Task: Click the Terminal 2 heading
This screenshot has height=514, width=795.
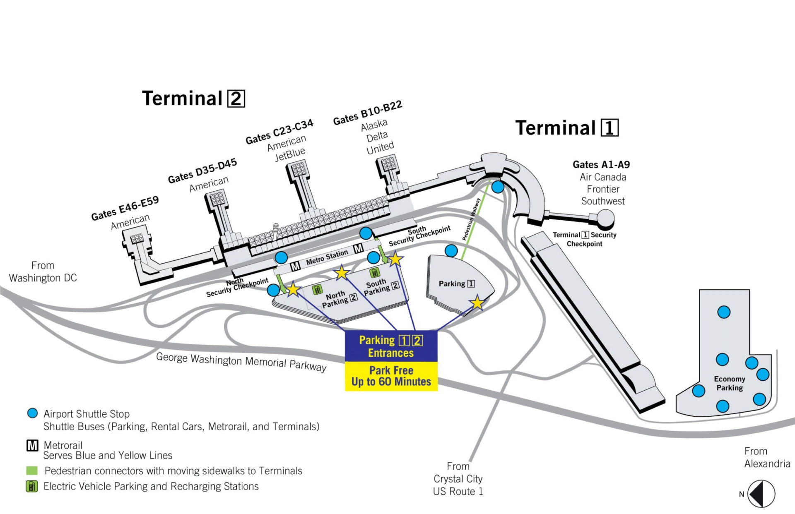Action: tap(193, 98)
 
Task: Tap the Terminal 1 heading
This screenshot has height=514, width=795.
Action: tap(567, 127)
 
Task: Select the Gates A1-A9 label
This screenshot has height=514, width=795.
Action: tap(601, 164)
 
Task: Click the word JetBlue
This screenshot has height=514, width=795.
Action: tap(290, 154)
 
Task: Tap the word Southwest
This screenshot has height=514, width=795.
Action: tap(603, 201)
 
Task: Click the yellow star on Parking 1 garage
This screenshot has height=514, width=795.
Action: tap(477, 303)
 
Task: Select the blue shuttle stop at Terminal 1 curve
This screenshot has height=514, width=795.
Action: tap(498, 187)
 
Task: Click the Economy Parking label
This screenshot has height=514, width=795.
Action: tap(730, 383)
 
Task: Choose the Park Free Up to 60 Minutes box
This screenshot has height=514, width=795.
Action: tap(391, 376)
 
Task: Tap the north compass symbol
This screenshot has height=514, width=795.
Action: tap(761, 494)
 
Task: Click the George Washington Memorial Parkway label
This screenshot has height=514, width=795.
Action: tap(241, 362)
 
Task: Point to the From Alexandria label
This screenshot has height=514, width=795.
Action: tap(767, 457)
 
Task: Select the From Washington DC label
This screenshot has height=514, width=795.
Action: tap(43, 271)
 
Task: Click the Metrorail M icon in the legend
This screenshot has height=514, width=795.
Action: tap(32, 445)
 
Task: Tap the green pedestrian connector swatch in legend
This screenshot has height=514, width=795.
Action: tap(32, 471)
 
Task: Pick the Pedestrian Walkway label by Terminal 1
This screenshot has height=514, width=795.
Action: tap(472, 219)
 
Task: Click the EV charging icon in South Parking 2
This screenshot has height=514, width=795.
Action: tap(374, 272)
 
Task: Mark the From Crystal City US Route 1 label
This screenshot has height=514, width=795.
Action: tap(458, 479)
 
